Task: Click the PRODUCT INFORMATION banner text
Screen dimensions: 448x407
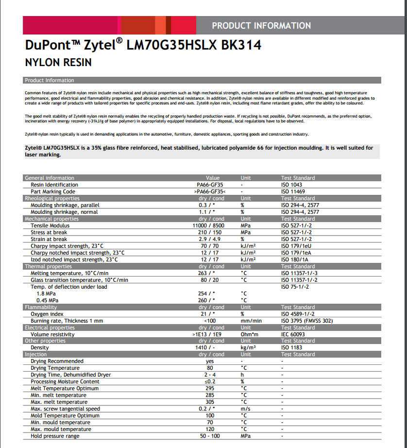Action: [261, 26]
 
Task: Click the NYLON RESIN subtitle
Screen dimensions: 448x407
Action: [58, 63]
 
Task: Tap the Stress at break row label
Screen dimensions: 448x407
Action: [49, 232]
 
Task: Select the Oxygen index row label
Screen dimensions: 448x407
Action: [47, 314]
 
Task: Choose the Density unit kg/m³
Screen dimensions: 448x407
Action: [248, 348]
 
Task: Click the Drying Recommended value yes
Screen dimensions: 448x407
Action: [210, 361]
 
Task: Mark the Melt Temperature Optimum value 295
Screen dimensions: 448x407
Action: [210, 388]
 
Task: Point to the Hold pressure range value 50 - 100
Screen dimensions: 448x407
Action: [209, 436]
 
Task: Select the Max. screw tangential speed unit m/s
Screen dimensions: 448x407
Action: [246, 409]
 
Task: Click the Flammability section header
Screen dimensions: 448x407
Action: [41, 307]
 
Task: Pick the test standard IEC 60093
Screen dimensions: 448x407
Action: [293, 334]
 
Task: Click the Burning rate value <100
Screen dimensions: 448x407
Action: [210, 321]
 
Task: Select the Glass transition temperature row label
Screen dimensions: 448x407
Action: [79, 280]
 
